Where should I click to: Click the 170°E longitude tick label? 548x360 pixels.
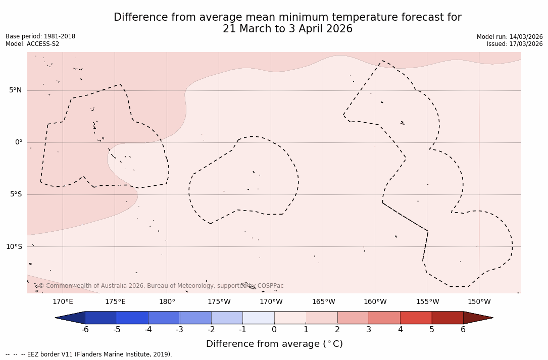click(x=63, y=302)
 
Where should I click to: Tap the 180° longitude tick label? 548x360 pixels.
click(x=167, y=302)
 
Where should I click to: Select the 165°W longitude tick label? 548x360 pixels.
click(x=323, y=302)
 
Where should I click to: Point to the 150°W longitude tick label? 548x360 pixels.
click(x=479, y=302)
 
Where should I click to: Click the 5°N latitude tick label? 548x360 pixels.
click(x=15, y=90)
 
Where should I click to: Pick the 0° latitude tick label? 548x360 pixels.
click(x=19, y=142)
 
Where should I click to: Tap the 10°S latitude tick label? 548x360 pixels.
click(x=14, y=247)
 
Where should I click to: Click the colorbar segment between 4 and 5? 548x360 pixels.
click(x=416, y=318)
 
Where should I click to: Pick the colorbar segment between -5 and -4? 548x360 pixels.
click(x=132, y=318)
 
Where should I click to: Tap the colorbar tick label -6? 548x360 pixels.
click(x=85, y=330)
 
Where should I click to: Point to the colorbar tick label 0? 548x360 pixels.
click(x=274, y=330)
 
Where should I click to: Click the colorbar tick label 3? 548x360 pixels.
click(x=369, y=330)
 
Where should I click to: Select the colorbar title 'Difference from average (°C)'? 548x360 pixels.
click(x=274, y=344)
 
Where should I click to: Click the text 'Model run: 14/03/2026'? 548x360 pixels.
click(x=510, y=37)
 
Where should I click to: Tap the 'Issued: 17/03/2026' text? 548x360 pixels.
click(x=515, y=44)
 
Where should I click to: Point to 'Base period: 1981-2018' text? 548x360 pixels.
click(x=40, y=36)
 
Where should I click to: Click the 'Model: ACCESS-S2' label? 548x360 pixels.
click(x=32, y=44)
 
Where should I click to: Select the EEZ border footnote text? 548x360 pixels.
click(x=88, y=354)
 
